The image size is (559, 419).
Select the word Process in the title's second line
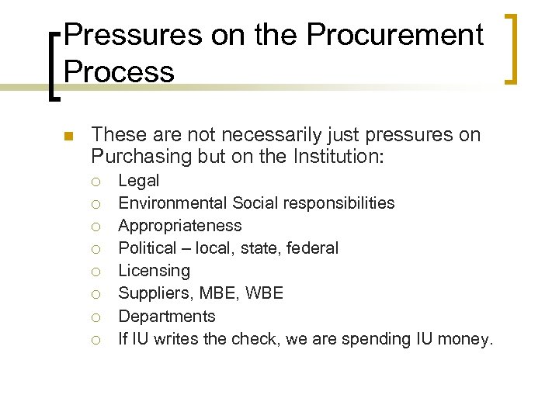point(119,71)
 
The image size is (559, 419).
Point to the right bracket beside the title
point(512,48)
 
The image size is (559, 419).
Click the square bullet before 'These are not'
point(67,137)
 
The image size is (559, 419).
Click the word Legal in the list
point(138,181)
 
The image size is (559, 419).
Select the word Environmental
point(173,203)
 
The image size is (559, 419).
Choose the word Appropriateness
point(179,226)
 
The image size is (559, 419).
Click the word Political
point(148,248)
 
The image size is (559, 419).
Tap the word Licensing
point(154,271)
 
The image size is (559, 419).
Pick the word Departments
point(167,316)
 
